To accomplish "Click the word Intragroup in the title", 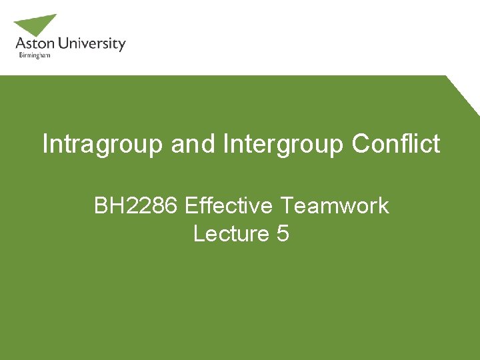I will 103,144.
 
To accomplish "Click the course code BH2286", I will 136,205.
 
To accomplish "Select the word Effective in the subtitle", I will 229,205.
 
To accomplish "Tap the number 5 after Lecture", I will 282,234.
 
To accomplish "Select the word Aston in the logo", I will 33,45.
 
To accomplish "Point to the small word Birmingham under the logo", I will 33,56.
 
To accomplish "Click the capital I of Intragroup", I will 45,143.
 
